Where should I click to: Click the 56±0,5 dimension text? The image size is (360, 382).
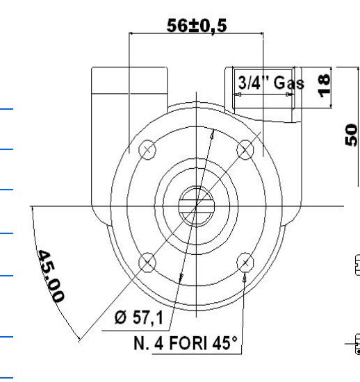pos(197,26)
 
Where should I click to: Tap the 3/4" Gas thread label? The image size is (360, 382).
pos(271,83)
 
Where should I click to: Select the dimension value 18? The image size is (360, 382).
pos(324,86)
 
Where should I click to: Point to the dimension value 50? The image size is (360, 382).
pos(351,135)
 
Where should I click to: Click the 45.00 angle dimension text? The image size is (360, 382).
pos(51,276)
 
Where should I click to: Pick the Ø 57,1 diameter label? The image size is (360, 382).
pos(138,317)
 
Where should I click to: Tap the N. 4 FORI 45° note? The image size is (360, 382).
pos(186,343)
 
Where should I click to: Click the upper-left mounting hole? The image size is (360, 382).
pos(147,149)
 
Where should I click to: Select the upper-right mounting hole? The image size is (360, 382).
pos(245,149)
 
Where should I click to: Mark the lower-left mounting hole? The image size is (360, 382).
pos(147,263)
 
